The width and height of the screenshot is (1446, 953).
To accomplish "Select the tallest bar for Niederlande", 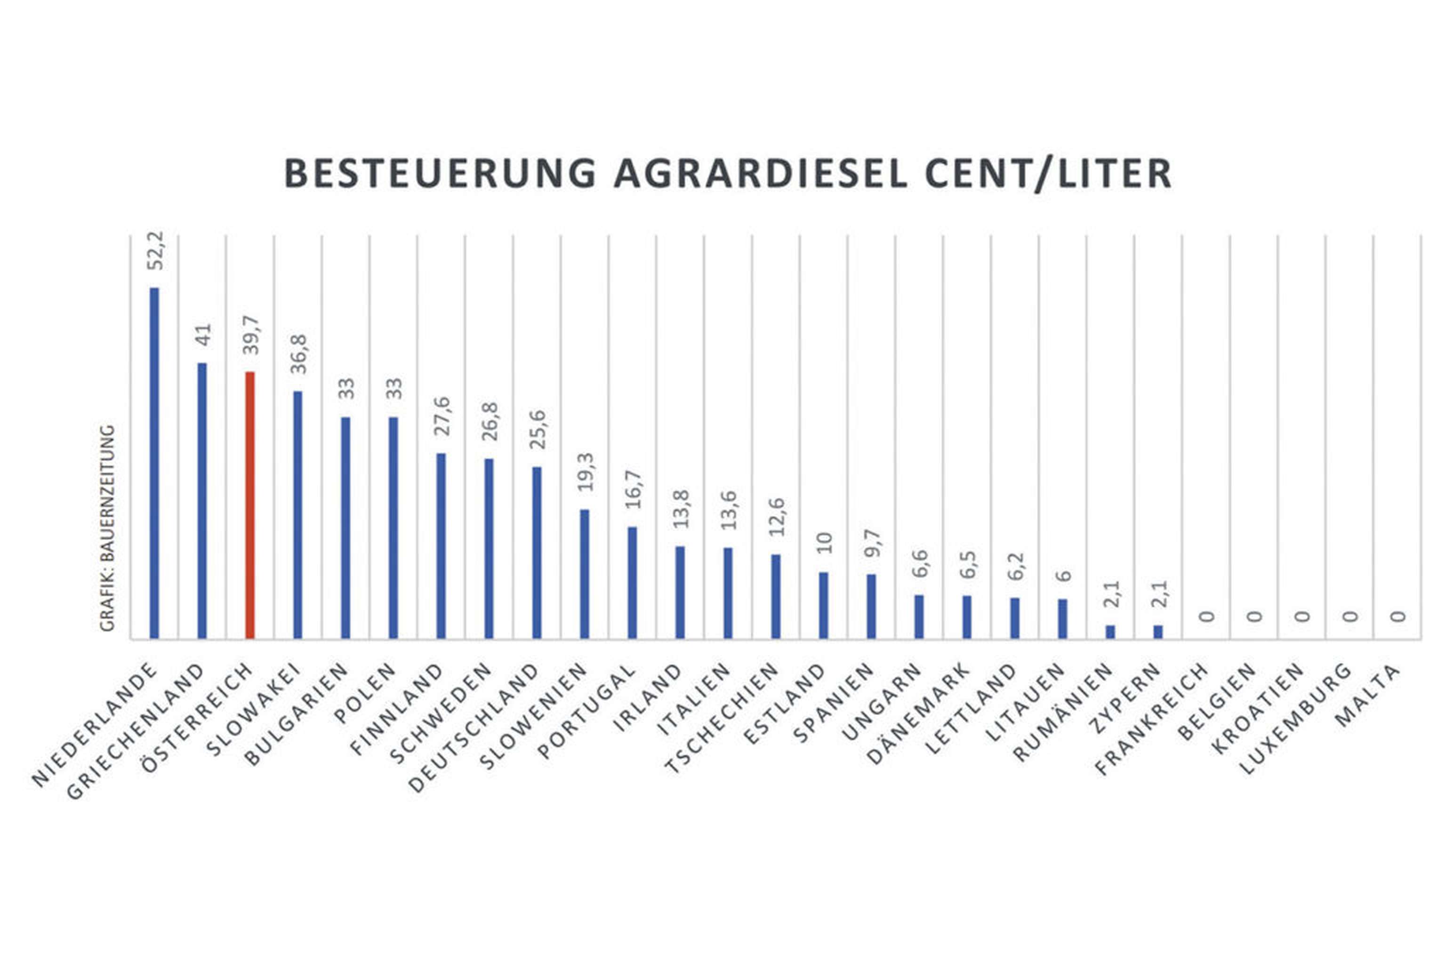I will (154, 462).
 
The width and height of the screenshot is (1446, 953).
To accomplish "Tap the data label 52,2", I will (156, 250).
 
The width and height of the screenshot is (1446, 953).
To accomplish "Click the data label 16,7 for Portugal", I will (634, 489).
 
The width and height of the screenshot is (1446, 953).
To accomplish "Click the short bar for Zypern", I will (1158, 632).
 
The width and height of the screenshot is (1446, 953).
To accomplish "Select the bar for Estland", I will (824, 605).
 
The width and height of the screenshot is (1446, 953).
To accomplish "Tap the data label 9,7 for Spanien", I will (873, 543).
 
